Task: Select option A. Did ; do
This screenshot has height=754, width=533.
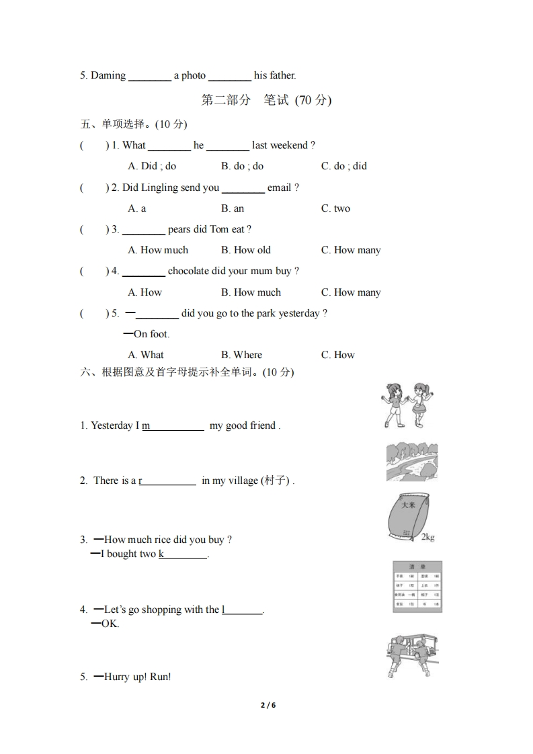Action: pos(152,166)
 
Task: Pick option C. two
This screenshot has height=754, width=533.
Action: pos(335,208)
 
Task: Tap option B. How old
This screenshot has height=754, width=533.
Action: pos(246,250)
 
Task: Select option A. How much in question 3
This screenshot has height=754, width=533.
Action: pos(158,250)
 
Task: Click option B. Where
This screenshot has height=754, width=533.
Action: pos(242,355)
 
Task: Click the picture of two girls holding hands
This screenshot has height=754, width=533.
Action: pos(405,405)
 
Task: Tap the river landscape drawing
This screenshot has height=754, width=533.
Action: pos(411,461)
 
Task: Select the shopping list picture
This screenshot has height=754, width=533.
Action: pos(417,587)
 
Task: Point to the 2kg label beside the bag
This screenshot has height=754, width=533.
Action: pos(427,537)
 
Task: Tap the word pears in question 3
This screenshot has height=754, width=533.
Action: pos(179,229)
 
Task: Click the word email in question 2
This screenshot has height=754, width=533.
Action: pos(280,187)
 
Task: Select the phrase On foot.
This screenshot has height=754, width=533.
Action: pos(151,334)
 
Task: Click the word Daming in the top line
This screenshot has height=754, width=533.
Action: pos(108,75)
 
